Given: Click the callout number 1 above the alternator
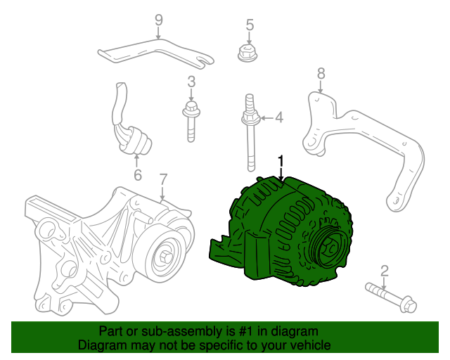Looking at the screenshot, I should pos(281,162).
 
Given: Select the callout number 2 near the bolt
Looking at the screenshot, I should pos(384,270).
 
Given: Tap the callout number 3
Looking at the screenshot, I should pos(191,82).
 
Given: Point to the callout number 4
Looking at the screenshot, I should pos(278,117).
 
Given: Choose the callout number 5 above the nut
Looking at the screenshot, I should pos(249,26).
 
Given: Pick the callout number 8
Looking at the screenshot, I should pos(321,72).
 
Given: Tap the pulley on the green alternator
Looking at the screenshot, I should pos(328,246).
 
